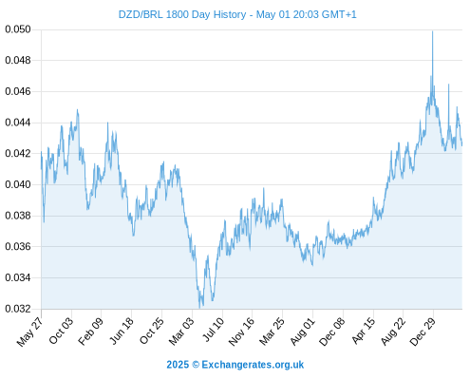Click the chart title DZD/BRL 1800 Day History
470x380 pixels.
click(182, 14)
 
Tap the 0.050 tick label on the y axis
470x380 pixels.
click(18, 29)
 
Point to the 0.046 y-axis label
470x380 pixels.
click(18, 91)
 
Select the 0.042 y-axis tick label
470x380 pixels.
click(18, 154)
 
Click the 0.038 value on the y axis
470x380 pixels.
click(18, 216)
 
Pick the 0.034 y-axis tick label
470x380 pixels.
click(18, 277)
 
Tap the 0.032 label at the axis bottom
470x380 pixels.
click(18, 309)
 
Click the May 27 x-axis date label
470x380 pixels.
click(29, 332)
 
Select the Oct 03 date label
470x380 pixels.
click(61, 331)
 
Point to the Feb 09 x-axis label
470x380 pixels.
click(90, 331)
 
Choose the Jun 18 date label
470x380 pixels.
click(121, 331)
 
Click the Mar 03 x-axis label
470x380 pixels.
click(180, 331)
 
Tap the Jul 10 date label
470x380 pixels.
click(213, 330)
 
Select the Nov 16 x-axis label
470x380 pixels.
click(241, 332)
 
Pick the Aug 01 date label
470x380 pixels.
click(302, 332)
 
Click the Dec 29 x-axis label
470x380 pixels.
click(423, 332)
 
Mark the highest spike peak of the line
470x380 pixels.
click(432, 31)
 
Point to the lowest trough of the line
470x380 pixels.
click(199, 307)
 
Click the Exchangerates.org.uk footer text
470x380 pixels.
click(253, 365)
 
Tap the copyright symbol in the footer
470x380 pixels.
click(196, 365)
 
